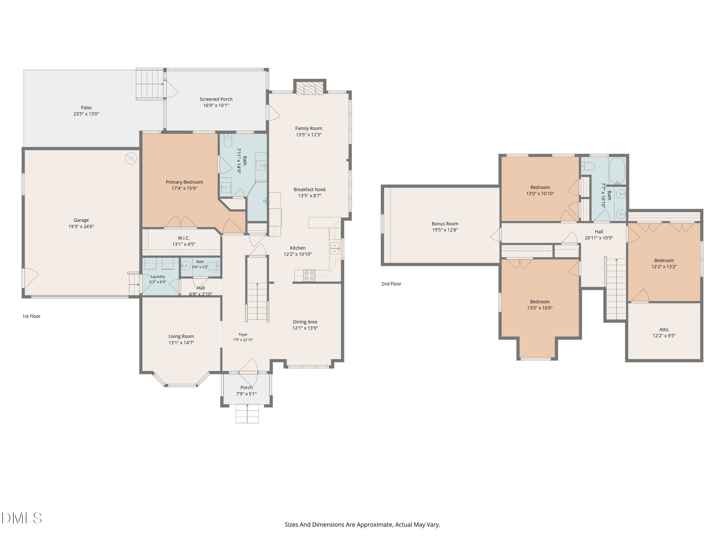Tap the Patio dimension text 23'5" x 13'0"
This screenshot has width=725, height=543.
(86, 114)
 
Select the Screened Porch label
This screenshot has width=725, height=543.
(216, 99)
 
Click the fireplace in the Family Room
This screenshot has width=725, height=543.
(310, 88)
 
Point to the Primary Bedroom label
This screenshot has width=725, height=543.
(184, 182)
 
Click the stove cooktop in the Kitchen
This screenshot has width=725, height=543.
(309, 275)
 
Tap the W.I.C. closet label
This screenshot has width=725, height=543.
(183, 238)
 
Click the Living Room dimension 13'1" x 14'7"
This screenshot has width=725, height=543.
(181, 343)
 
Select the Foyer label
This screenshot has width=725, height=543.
(243, 334)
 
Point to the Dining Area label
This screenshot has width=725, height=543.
(305, 322)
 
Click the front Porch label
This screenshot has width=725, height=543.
(246, 388)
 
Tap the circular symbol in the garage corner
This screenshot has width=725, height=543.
(131, 158)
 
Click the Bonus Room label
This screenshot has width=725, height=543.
(445, 224)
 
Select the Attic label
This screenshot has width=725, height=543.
(664, 330)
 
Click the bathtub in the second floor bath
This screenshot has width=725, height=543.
(617, 171)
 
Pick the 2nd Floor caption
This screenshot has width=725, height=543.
(391, 284)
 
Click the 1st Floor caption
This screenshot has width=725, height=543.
(31, 316)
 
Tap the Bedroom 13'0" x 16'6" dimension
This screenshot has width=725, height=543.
(540, 308)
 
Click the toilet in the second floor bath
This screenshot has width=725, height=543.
(588, 166)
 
